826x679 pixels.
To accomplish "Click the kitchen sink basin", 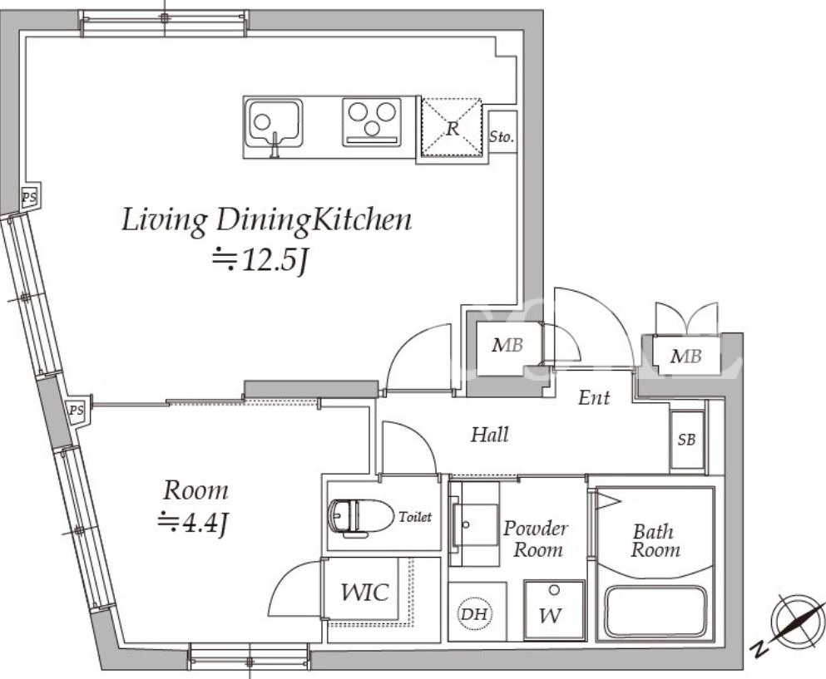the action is click(x=274, y=124).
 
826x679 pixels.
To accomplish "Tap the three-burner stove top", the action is click(x=372, y=122).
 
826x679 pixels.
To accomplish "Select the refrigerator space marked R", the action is click(x=452, y=127).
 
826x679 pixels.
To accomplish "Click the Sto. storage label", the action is click(x=502, y=136).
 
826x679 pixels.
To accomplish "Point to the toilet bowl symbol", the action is click(x=361, y=518).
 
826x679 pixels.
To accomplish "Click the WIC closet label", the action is click(x=364, y=592).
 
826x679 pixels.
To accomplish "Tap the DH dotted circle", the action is click(x=473, y=613).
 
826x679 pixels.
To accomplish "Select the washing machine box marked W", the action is click(x=554, y=610).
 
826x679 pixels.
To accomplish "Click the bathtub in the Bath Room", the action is click(x=655, y=612).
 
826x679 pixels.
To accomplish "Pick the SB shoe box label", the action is click(x=686, y=440).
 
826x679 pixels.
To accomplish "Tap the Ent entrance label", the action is click(x=594, y=397).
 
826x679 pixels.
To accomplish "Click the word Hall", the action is click(x=490, y=435).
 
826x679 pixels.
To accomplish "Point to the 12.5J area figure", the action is click(x=260, y=260).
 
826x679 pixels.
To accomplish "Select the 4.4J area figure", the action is click(x=193, y=523).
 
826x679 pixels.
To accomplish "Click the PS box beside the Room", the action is click(x=77, y=410).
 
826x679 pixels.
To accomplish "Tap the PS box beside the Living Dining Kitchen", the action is click(x=29, y=198).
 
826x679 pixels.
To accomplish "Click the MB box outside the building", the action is click(x=686, y=356).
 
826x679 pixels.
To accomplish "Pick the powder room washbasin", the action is click(x=474, y=524).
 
